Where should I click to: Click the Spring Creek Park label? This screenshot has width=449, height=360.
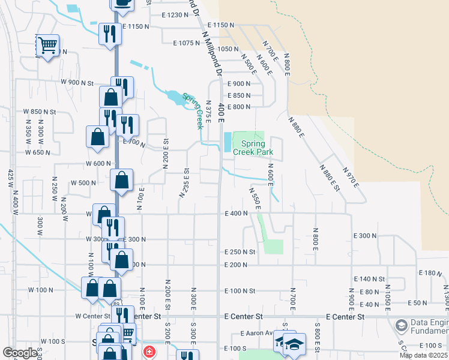[257, 148]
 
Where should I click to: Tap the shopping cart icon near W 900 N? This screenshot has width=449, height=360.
[47, 44]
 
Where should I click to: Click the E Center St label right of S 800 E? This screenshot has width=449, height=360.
[345, 316]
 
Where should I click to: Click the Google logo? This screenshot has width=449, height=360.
[20, 353]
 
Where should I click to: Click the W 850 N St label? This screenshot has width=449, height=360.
[40, 112]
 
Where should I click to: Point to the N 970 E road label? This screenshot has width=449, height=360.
[351, 177]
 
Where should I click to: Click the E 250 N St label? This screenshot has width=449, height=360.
[240, 252]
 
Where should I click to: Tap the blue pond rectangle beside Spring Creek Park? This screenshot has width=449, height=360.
[226, 142]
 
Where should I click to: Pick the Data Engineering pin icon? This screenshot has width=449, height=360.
[400, 326]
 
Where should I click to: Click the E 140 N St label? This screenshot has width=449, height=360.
[370, 279]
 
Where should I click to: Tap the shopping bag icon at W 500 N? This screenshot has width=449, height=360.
[122, 180]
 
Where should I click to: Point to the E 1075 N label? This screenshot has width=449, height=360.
[186, 43]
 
